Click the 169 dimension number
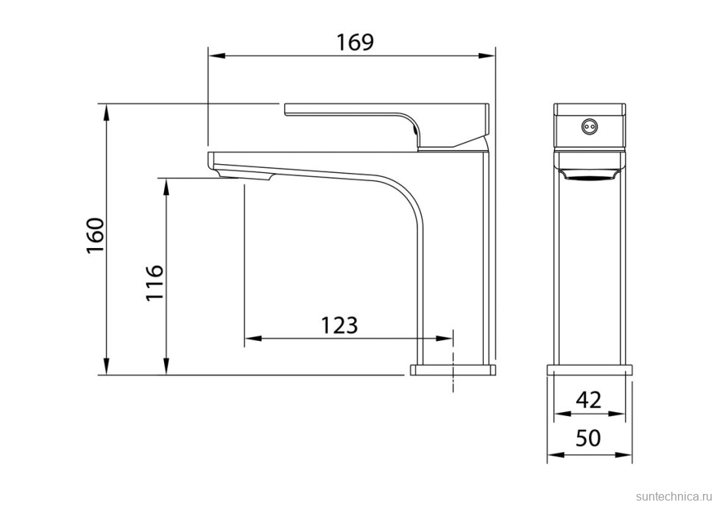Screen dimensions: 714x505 click(355, 43)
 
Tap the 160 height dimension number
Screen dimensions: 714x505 click(96, 236)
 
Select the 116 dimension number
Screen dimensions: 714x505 click(155, 283)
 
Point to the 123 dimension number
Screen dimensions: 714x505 click(339, 325)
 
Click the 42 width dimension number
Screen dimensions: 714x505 click(589, 400)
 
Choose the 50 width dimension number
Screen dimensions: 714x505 click(588, 438)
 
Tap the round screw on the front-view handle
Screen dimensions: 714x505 click(590, 125)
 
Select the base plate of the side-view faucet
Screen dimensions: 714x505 click(453, 370)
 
